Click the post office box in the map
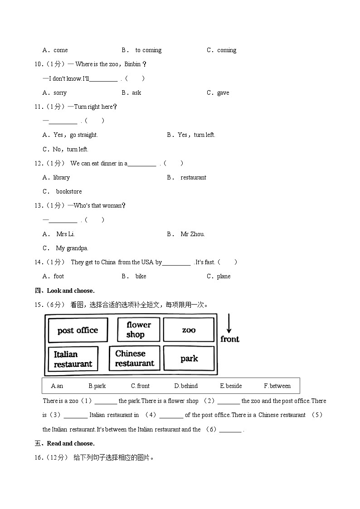pos(78,330)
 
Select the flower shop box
pos(138,330)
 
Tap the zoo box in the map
pos(189,330)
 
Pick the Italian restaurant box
pos(73,359)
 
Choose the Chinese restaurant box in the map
pos(134,358)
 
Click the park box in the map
pos(189,359)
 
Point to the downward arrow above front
pos(229,324)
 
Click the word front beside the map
pos(230,339)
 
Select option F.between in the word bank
pos(277,386)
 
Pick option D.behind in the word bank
pos(186,386)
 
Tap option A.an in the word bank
pos(57,386)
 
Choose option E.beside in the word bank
pos(231,386)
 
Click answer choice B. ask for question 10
pos(131,93)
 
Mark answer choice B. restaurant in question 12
pos(187,178)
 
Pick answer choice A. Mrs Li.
pos(59,234)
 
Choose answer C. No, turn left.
pos(65,150)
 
